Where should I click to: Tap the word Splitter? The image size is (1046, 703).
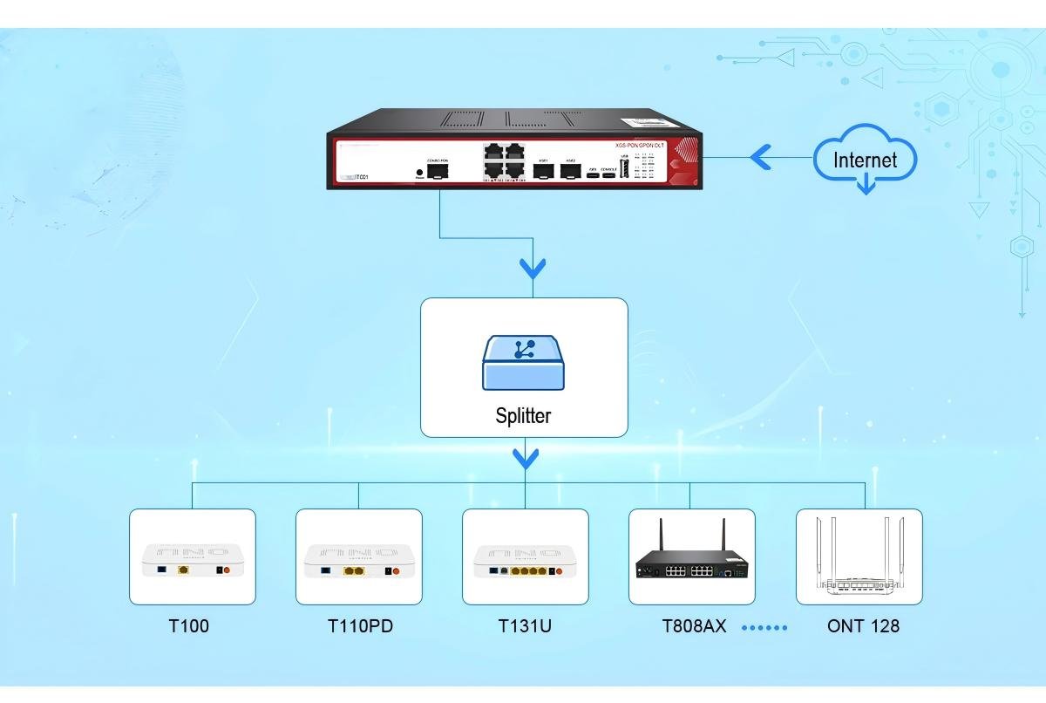pyautogui.click(x=523, y=416)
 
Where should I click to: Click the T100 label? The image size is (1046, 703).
pyautogui.click(x=189, y=626)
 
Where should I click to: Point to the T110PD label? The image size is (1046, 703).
pyautogui.click(x=360, y=626)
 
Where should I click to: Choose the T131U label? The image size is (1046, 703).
pyautogui.click(x=525, y=626)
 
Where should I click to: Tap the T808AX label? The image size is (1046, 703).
pyautogui.click(x=694, y=626)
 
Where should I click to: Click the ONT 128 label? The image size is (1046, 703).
pyautogui.click(x=863, y=626)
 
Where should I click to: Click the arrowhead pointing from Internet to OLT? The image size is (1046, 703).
pyautogui.click(x=760, y=158)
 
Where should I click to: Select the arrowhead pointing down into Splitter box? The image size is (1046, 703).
pyautogui.click(x=532, y=268)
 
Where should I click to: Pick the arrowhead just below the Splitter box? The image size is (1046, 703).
pyautogui.click(x=525, y=458)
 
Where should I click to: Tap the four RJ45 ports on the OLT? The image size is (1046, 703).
pyautogui.click(x=503, y=160)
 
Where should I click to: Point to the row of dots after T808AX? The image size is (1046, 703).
pyautogui.click(x=764, y=627)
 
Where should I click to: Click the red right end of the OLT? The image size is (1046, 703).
pyautogui.click(x=684, y=161)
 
